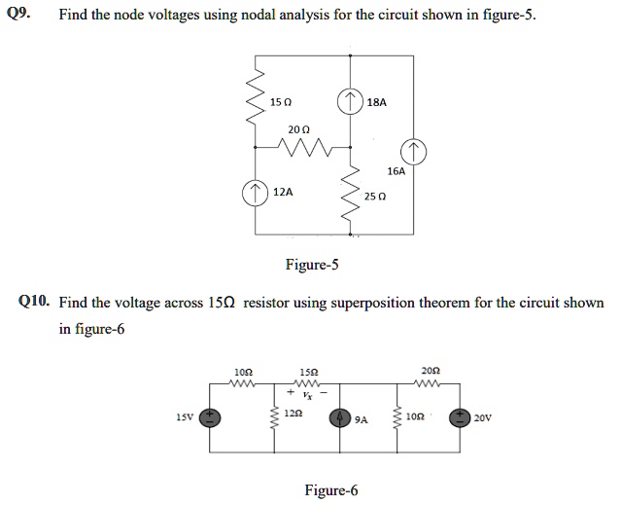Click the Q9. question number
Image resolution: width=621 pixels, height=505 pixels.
[17, 15]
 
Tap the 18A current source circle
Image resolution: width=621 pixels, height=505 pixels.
[351, 100]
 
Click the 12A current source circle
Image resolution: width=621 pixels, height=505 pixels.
[256, 192]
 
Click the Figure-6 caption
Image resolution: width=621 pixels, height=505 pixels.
[331, 490]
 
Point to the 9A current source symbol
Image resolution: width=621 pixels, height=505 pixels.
[339, 418]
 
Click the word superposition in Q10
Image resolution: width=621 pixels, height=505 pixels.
[367, 303]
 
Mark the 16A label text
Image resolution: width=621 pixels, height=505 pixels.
[396, 169]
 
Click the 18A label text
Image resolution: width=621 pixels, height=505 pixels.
[378, 101]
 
